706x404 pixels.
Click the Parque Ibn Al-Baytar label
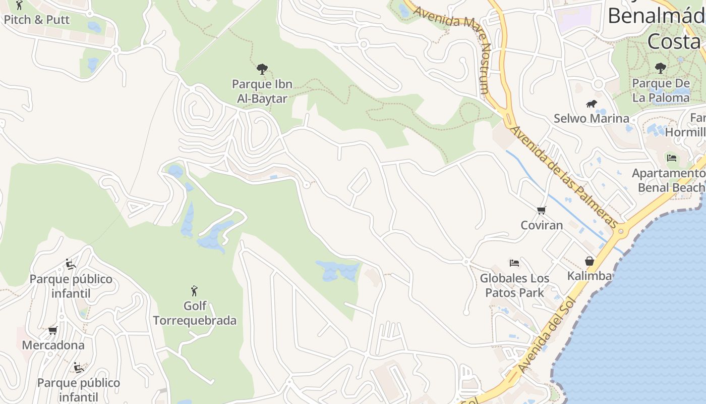click(x=262, y=91)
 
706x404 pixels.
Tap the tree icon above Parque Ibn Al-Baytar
click(x=262, y=69)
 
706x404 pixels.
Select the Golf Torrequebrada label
click(x=195, y=313)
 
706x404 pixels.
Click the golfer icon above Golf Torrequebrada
click(x=194, y=291)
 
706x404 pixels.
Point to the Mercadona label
click(x=53, y=345)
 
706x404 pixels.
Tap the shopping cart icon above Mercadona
click(x=52, y=330)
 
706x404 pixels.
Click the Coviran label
click(x=542, y=225)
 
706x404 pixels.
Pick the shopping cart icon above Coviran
click(x=541, y=210)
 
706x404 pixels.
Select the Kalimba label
click(x=590, y=276)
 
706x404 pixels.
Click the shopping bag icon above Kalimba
click(x=589, y=261)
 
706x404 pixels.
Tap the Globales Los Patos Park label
click(x=514, y=285)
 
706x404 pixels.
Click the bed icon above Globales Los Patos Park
click(x=514, y=263)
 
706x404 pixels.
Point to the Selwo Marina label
click(x=592, y=119)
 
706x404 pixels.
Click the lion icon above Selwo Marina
click(x=592, y=104)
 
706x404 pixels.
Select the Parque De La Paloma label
click(x=661, y=90)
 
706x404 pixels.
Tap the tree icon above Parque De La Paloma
click(x=660, y=68)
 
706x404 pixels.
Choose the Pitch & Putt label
click(x=36, y=20)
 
